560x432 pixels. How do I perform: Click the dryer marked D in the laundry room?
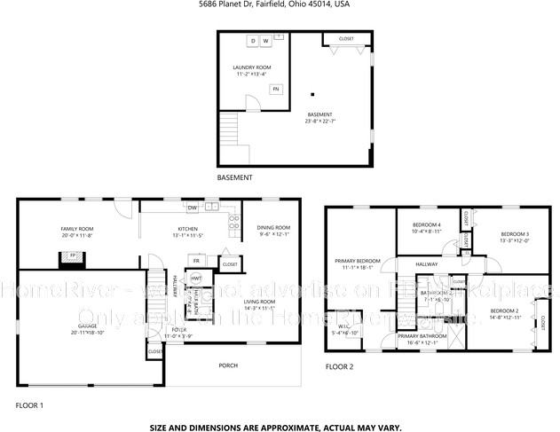(x=252, y=42)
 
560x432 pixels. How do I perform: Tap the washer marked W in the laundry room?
(x=265, y=42)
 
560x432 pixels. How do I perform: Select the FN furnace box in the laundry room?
(x=276, y=89)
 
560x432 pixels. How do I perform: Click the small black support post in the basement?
(x=312, y=94)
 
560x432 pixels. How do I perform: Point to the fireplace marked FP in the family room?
(x=74, y=259)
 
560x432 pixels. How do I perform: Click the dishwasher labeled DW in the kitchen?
(x=192, y=208)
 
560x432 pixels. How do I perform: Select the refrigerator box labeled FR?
(x=196, y=261)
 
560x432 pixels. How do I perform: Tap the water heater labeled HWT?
(x=197, y=279)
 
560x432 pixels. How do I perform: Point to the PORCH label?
(x=228, y=365)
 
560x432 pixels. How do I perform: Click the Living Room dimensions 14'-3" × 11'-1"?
(x=260, y=308)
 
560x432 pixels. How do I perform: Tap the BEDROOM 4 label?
(x=427, y=225)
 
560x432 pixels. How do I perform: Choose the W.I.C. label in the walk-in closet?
(x=337, y=326)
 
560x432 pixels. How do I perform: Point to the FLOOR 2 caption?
(x=341, y=365)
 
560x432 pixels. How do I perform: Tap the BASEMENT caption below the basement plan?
(x=234, y=177)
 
